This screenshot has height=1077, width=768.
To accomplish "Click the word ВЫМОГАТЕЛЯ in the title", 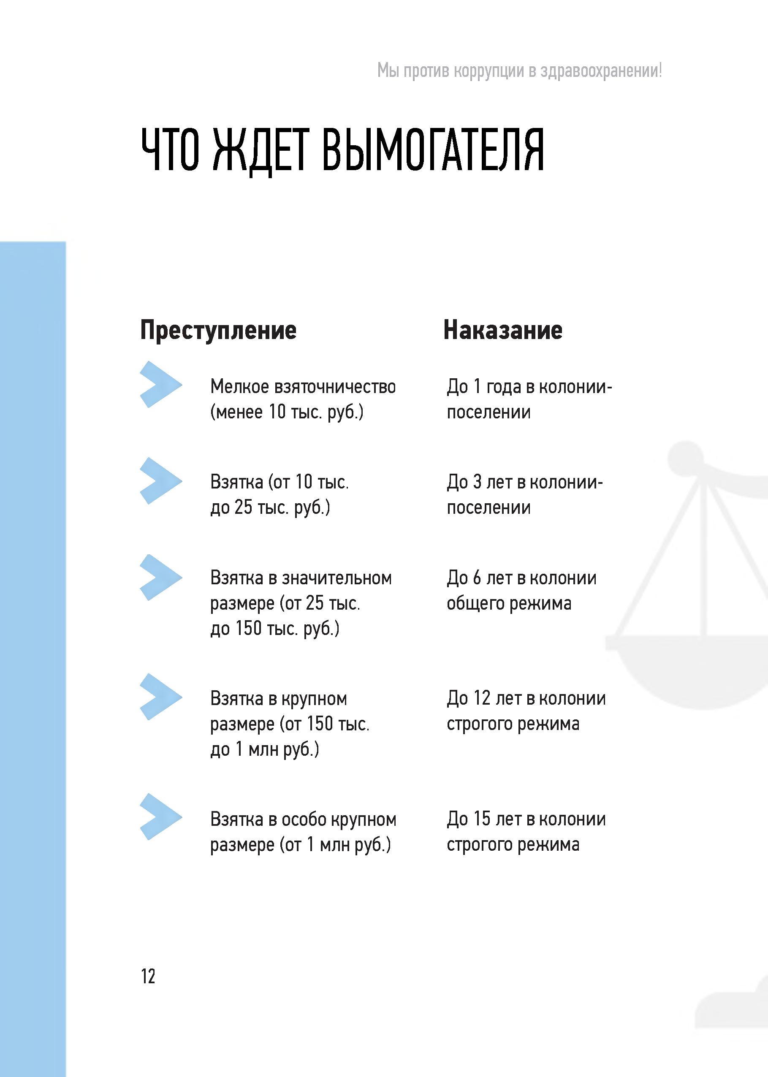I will click(x=433, y=150).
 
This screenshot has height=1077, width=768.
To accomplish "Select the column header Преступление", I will click(x=218, y=330).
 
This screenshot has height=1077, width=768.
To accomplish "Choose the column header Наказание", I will click(x=503, y=330).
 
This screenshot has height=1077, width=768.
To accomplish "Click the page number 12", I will click(x=148, y=976).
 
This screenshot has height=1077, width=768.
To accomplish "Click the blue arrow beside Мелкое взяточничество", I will click(x=160, y=384).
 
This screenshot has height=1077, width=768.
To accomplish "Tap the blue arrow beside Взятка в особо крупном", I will click(x=160, y=817).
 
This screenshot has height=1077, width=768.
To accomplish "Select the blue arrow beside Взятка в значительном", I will click(x=160, y=577).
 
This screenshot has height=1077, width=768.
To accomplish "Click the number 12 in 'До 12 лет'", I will click(x=482, y=698).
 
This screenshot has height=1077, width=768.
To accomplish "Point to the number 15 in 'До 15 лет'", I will click(x=482, y=819).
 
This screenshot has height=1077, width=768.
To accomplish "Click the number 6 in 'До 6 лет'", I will click(x=477, y=578).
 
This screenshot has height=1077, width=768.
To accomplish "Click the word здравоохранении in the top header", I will click(x=600, y=71).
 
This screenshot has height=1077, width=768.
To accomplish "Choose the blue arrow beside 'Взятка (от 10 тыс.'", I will click(x=160, y=481).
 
